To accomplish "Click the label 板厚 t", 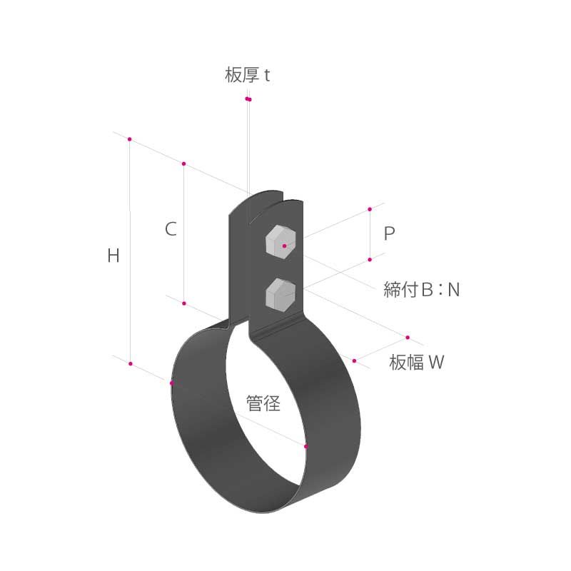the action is (247, 75).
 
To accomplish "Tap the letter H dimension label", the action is (113, 256).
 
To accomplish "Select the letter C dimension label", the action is (171, 228).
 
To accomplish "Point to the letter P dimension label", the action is (389, 233).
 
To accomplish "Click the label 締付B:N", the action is (421, 290).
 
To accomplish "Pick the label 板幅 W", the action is (417, 362).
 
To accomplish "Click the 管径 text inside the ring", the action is (263, 403).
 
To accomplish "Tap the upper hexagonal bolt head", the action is (281, 241).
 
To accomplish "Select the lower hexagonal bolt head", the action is (281, 295).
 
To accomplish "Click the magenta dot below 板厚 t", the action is (248, 99).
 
